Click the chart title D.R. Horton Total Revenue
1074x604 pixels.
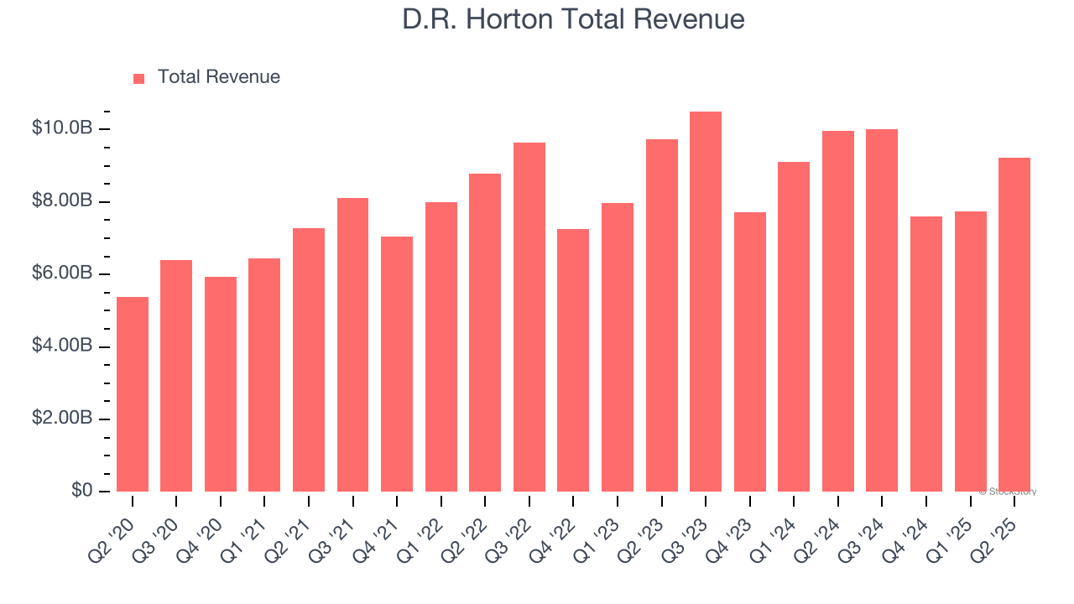(x=573, y=19)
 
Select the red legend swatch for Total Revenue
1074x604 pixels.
(x=139, y=78)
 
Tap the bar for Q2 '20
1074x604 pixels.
(x=133, y=394)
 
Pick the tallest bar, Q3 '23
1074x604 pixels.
(x=706, y=302)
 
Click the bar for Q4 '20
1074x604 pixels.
(x=221, y=384)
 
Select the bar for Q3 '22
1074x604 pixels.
(x=529, y=317)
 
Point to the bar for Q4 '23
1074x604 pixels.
(x=750, y=352)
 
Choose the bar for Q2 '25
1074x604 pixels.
(x=1014, y=325)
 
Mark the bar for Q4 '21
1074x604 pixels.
(x=397, y=364)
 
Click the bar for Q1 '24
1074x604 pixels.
(x=794, y=327)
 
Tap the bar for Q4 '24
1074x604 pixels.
(x=926, y=354)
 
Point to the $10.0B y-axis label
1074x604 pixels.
(x=62, y=128)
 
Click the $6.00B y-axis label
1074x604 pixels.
(x=62, y=273)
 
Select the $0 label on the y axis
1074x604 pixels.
(x=81, y=491)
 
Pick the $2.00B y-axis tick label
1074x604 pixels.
(x=62, y=419)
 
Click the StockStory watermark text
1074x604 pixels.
(x=1008, y=492)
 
